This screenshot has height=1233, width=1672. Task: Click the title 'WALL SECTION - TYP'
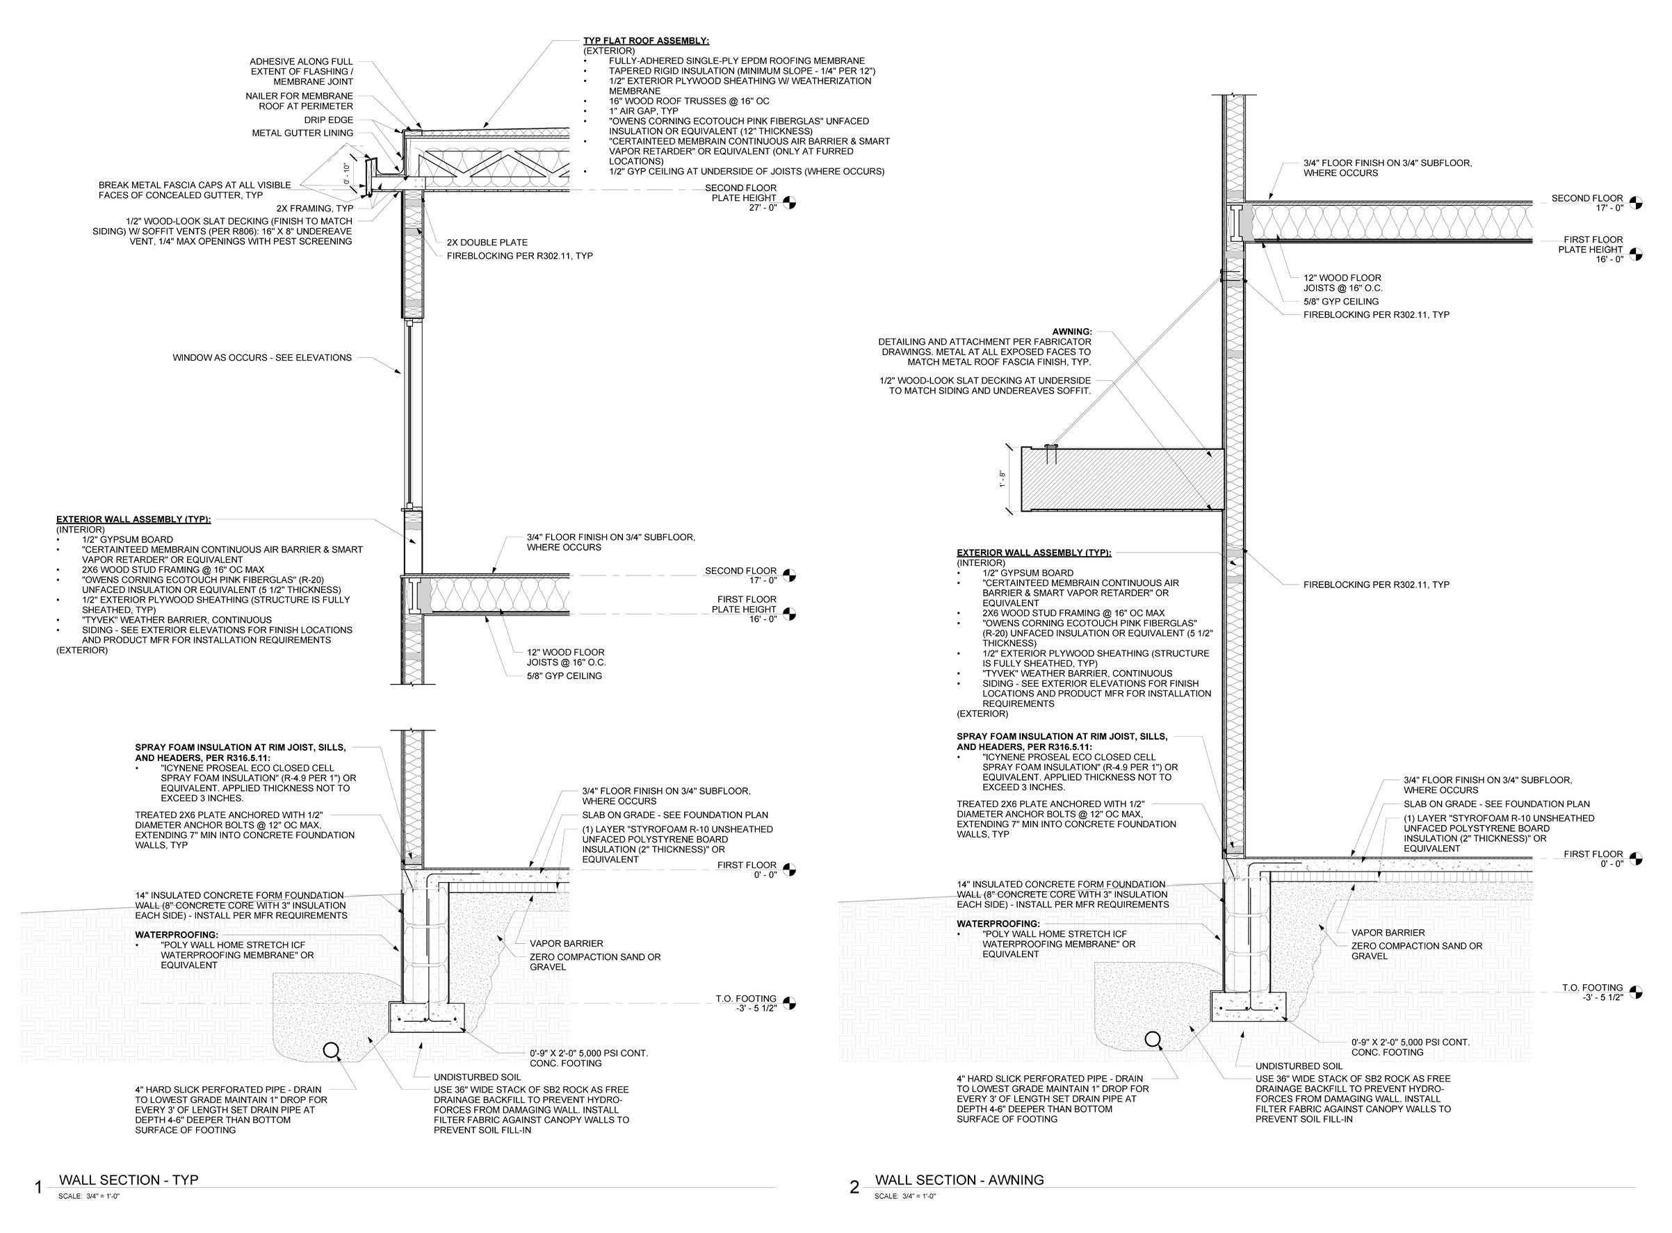coord(129,1180)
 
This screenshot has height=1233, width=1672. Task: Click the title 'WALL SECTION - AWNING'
coord(959,1180)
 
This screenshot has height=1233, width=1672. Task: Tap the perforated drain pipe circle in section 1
coord(331,1050)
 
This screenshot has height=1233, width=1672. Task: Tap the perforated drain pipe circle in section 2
coord(1153,1038)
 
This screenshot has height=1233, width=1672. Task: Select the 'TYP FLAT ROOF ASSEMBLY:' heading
coord(646,40)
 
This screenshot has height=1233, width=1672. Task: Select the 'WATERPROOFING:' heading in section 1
coord(176,934)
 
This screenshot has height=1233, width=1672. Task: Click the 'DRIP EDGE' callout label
coord(328,120)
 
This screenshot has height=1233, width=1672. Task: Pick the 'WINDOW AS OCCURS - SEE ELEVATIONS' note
coord(262,357)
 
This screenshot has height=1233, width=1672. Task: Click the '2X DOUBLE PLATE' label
coord(487,243)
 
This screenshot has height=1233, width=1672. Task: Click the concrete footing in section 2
coord(1249,1007)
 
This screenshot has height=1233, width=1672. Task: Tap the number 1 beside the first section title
coord(38,1187)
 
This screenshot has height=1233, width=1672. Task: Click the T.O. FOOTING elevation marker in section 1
coord(790,1003)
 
